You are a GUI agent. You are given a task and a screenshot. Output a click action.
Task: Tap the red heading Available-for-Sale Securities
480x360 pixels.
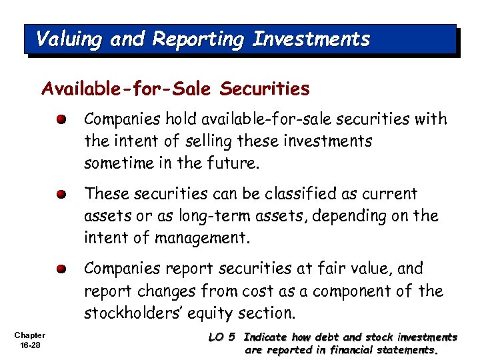coord(175,89)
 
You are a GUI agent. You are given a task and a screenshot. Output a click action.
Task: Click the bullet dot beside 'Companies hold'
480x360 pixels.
coord(61,121)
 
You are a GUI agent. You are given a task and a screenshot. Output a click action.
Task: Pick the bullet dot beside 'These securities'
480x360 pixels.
coord(61,195)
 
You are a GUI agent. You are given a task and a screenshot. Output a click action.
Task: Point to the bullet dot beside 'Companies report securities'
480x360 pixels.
coord(61,270)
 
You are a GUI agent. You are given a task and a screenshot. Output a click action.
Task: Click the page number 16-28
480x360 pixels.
coord(31,345)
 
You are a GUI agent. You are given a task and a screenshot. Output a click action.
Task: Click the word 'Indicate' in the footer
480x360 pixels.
coord(266,337)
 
